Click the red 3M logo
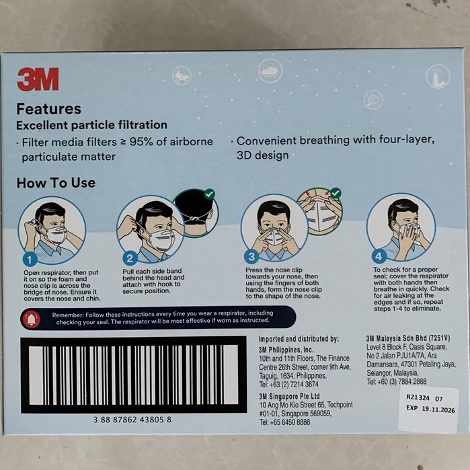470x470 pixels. coord(38,79)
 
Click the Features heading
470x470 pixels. coord(48,109)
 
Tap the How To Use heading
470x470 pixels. coord(56,183)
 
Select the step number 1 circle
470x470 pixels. coord(29,258)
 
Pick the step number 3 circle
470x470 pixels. coord(251,256)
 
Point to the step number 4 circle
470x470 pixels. coord(379,256)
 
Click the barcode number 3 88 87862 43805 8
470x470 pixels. coord(132,419)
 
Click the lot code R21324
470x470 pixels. coord(418,397)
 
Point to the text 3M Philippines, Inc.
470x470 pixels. coord(286,350)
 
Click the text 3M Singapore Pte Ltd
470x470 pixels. coord(289,397)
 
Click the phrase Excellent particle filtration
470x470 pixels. coord(91,125)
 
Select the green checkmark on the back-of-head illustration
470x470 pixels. coord(210,194)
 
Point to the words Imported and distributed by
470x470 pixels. coord(299,339)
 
